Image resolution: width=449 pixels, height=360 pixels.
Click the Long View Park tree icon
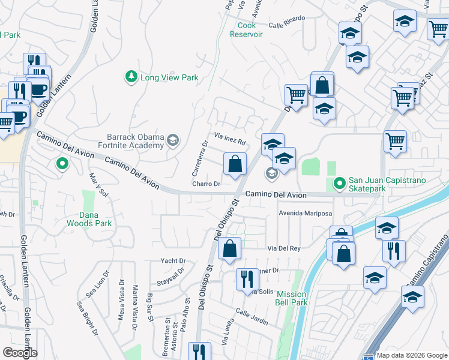click(x=131, y=77)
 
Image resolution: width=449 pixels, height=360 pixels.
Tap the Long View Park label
click(x=169, y=77)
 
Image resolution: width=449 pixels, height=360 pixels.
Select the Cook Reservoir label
click(x=247, y=30)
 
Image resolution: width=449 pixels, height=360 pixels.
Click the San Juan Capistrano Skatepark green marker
click(x=340, y=182)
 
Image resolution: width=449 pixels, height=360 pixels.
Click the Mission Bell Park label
click(x=292, y=299)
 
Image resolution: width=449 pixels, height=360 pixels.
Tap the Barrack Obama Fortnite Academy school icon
click(x=173, y=140)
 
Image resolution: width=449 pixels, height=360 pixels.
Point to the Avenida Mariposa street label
click(x=304, y=213)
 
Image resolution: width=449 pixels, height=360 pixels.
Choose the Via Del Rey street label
click(x=283, y=248)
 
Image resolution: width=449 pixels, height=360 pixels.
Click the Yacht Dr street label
click(x=173, y=261)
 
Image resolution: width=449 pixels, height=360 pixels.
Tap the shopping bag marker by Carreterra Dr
click(x=235, y=163)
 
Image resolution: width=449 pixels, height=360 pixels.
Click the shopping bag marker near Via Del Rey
click(x=229, y=248)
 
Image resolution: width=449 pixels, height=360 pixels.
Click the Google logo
click(x=20, y=353)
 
